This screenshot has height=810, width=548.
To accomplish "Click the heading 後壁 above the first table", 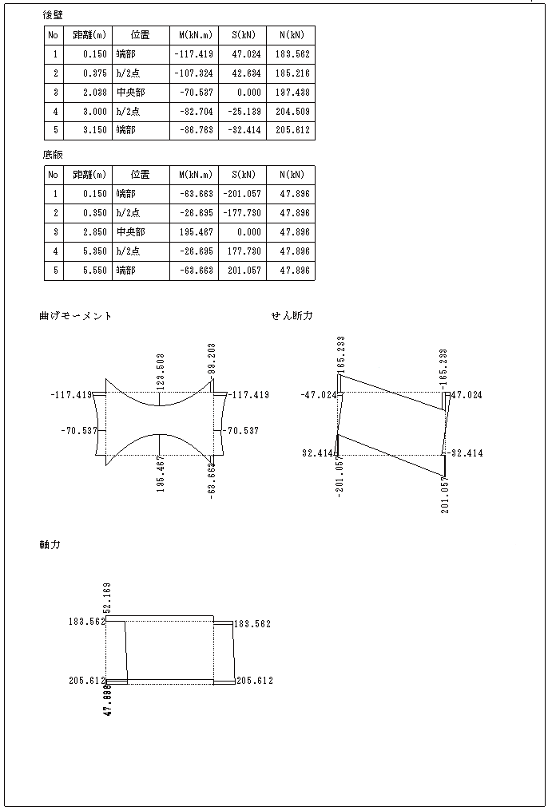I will [x=53, y=15].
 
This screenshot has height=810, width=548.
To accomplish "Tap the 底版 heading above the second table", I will [x=53, y=155].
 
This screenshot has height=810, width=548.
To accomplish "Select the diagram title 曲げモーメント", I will [x=76, y=316].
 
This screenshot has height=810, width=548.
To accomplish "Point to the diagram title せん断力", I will [x=292, y=316].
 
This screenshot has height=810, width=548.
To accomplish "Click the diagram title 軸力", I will [x=50, y=545].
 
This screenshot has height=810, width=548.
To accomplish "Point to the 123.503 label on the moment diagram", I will [x=162, y=371].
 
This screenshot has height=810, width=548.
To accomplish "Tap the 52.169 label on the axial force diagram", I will [x=108, y=598].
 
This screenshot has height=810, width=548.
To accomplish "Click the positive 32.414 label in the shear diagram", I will [x=317, y=453].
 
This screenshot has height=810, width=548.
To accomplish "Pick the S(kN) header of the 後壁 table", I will [x=242, y=35].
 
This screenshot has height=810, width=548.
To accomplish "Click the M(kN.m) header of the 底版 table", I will [x=194, y=175].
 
